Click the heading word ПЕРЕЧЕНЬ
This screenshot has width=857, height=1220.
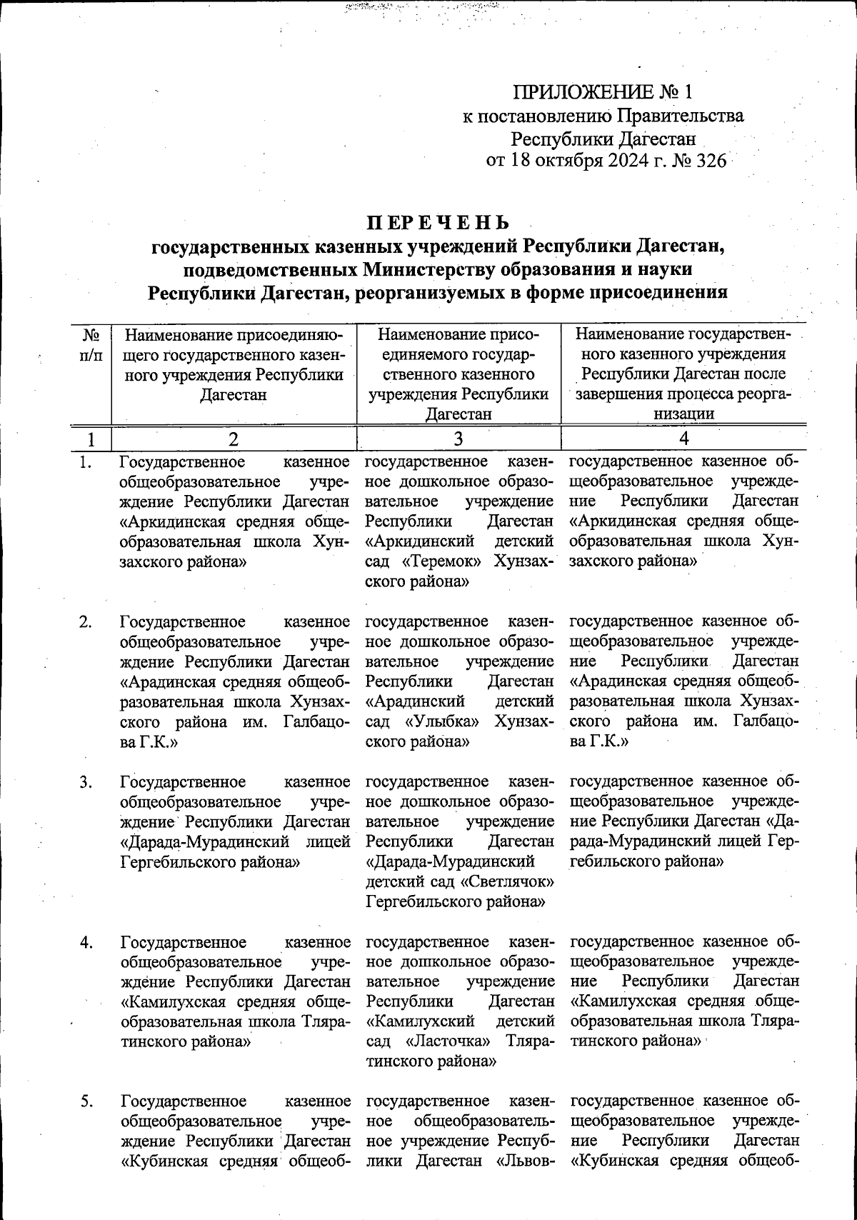click(x=439, y=222)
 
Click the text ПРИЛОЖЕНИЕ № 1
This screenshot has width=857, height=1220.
click(x=603, y=92)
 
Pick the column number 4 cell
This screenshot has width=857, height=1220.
click(x=684, y=438)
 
